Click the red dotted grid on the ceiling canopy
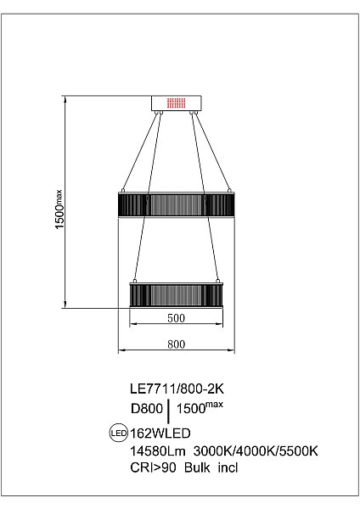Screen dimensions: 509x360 click(176, 103)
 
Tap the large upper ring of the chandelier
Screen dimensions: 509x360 click(176, 204)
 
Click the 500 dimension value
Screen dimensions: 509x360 click(176, 319)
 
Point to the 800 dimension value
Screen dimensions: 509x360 click(176, 344)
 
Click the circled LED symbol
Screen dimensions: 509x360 click(118, 432)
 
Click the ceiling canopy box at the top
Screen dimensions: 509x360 click(176, 103)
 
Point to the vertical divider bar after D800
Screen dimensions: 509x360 click(171, 411)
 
